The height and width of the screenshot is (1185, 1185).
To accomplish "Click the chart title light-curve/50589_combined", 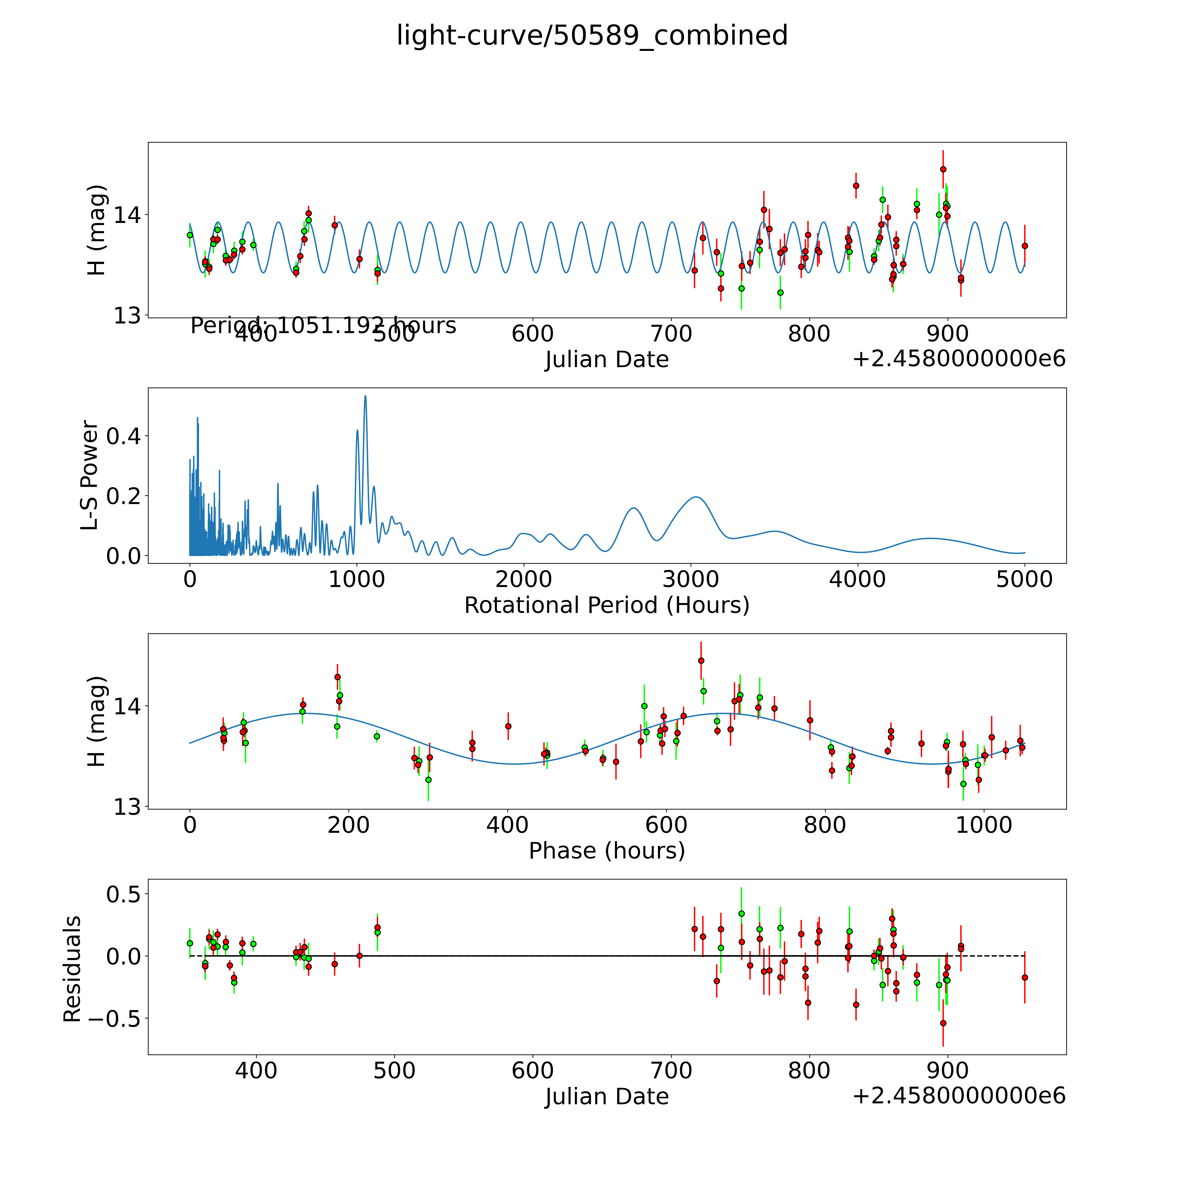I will (x=592, y=36).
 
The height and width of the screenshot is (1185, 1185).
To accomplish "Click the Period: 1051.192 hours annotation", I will (x=323, y=326).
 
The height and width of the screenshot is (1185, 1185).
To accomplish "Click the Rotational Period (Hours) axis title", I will (x=607, y=605).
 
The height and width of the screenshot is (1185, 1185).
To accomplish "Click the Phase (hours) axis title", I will (x=607, y=851).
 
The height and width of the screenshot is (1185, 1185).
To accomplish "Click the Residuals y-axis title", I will (x=72, y=969).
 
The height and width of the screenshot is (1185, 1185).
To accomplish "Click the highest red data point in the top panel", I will (x=943, y=169).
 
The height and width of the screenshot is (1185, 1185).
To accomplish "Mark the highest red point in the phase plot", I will (x=701, y=661).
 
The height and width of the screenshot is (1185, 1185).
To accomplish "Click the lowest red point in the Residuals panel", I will (x=943, y=1023).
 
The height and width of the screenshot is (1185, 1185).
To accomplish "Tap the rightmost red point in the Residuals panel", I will (x=1024, y=978).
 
